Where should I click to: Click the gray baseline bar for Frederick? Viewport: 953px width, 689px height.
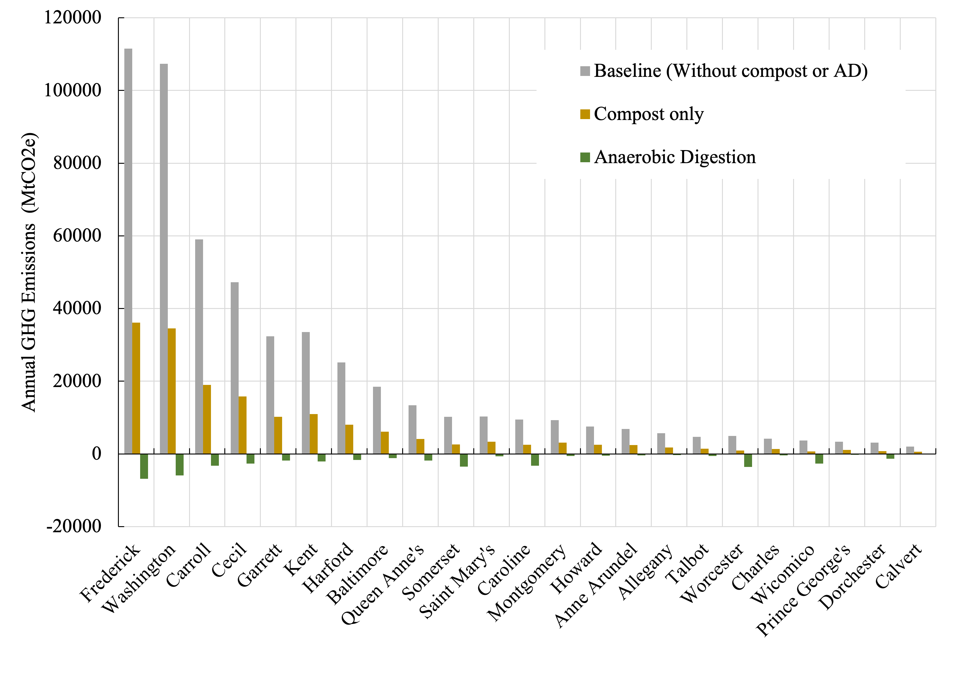[x=128, y=252]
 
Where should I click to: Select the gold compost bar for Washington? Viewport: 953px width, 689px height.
[x=171, y=390]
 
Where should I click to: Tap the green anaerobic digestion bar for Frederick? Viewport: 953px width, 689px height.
[x=144, y=466]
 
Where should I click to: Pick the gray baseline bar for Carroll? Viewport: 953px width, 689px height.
[x=199, y=346]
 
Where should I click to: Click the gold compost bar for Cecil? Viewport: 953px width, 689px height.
[x=243, y=425]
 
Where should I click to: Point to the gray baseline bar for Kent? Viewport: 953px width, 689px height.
[x=306, y=392]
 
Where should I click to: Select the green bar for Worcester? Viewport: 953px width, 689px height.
[x=748, y=460]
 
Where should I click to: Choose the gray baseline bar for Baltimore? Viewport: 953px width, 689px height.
[x=377, y=420]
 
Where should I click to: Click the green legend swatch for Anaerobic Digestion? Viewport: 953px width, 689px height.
[x=585, y=157]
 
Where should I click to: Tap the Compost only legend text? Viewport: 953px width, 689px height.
[x=648, y=114]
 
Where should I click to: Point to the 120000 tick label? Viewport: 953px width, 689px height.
[x=73, y=18]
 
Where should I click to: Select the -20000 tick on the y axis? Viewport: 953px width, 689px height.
[x=74, y=526]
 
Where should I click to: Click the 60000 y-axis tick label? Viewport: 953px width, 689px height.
[x=77, y=235]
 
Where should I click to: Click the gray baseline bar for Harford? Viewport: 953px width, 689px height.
[x=341, y=408]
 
